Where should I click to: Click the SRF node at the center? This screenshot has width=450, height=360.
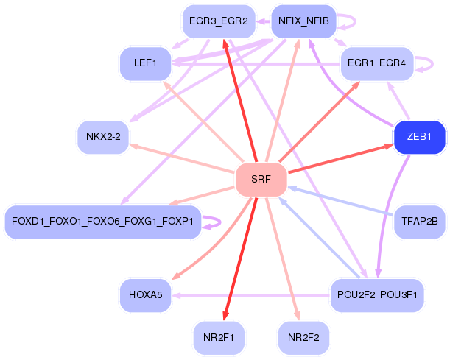coord(261,180)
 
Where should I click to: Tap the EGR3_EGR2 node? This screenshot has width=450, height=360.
coord(218,21)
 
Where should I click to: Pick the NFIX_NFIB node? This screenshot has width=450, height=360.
coord(303,21)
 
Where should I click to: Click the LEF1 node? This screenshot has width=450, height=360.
coord(146,63)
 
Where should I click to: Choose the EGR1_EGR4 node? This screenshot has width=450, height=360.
coord(376,63)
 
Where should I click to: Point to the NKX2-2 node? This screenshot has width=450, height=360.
coord(103,137)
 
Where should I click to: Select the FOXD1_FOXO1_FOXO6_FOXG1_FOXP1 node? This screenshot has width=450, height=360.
coord(102,222)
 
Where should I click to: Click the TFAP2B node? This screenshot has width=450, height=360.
coord(420,221)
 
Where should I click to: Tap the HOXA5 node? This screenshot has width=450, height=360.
coord(146,295)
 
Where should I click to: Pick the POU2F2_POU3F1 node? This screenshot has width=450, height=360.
coord(376,295)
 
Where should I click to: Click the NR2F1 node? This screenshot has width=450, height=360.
coord(218,338)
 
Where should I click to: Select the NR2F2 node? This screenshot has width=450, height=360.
coord(303,338)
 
